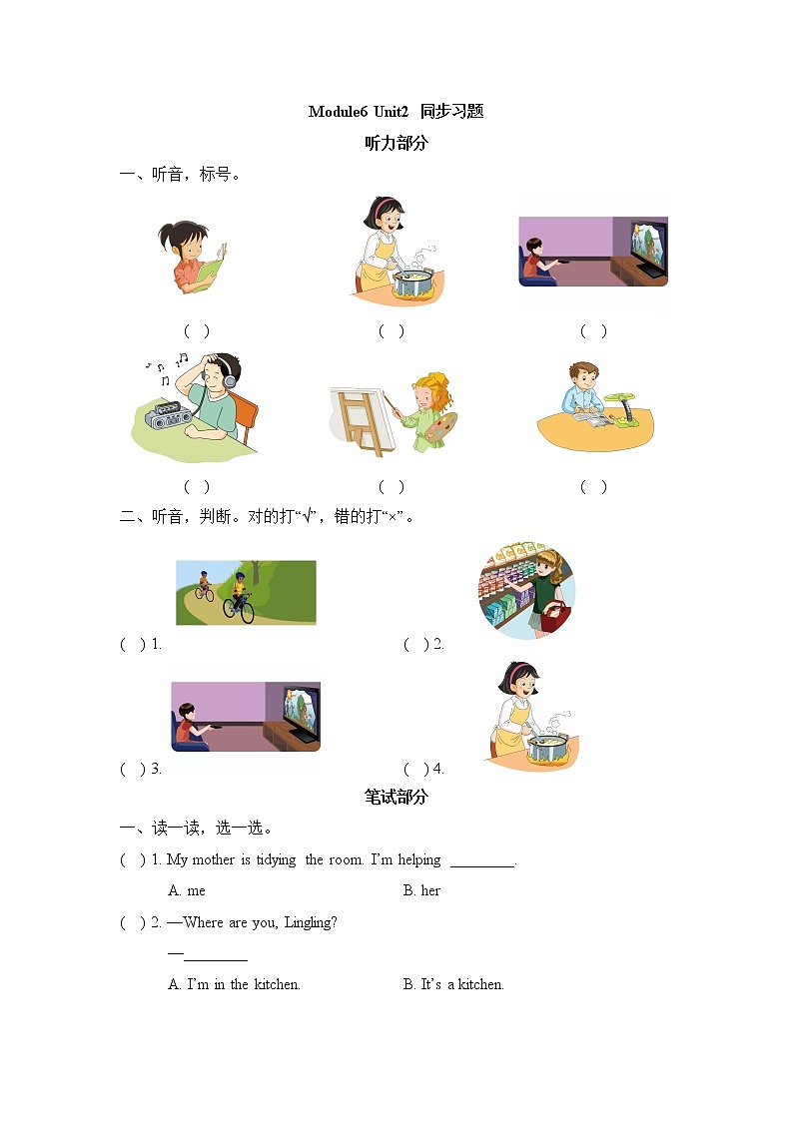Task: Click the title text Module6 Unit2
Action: [360, 112]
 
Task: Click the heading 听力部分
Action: [396, 143]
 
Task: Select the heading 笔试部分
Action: [396, 797]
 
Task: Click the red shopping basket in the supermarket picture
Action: [556, 617]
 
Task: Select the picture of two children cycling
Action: [246, 592]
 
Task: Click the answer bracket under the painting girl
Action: [392, 487]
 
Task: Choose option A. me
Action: [187, 890]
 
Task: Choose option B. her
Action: [421, 890]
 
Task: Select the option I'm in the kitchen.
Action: [235, 984]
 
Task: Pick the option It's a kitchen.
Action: [453, 984]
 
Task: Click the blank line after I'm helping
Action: [481, 860]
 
